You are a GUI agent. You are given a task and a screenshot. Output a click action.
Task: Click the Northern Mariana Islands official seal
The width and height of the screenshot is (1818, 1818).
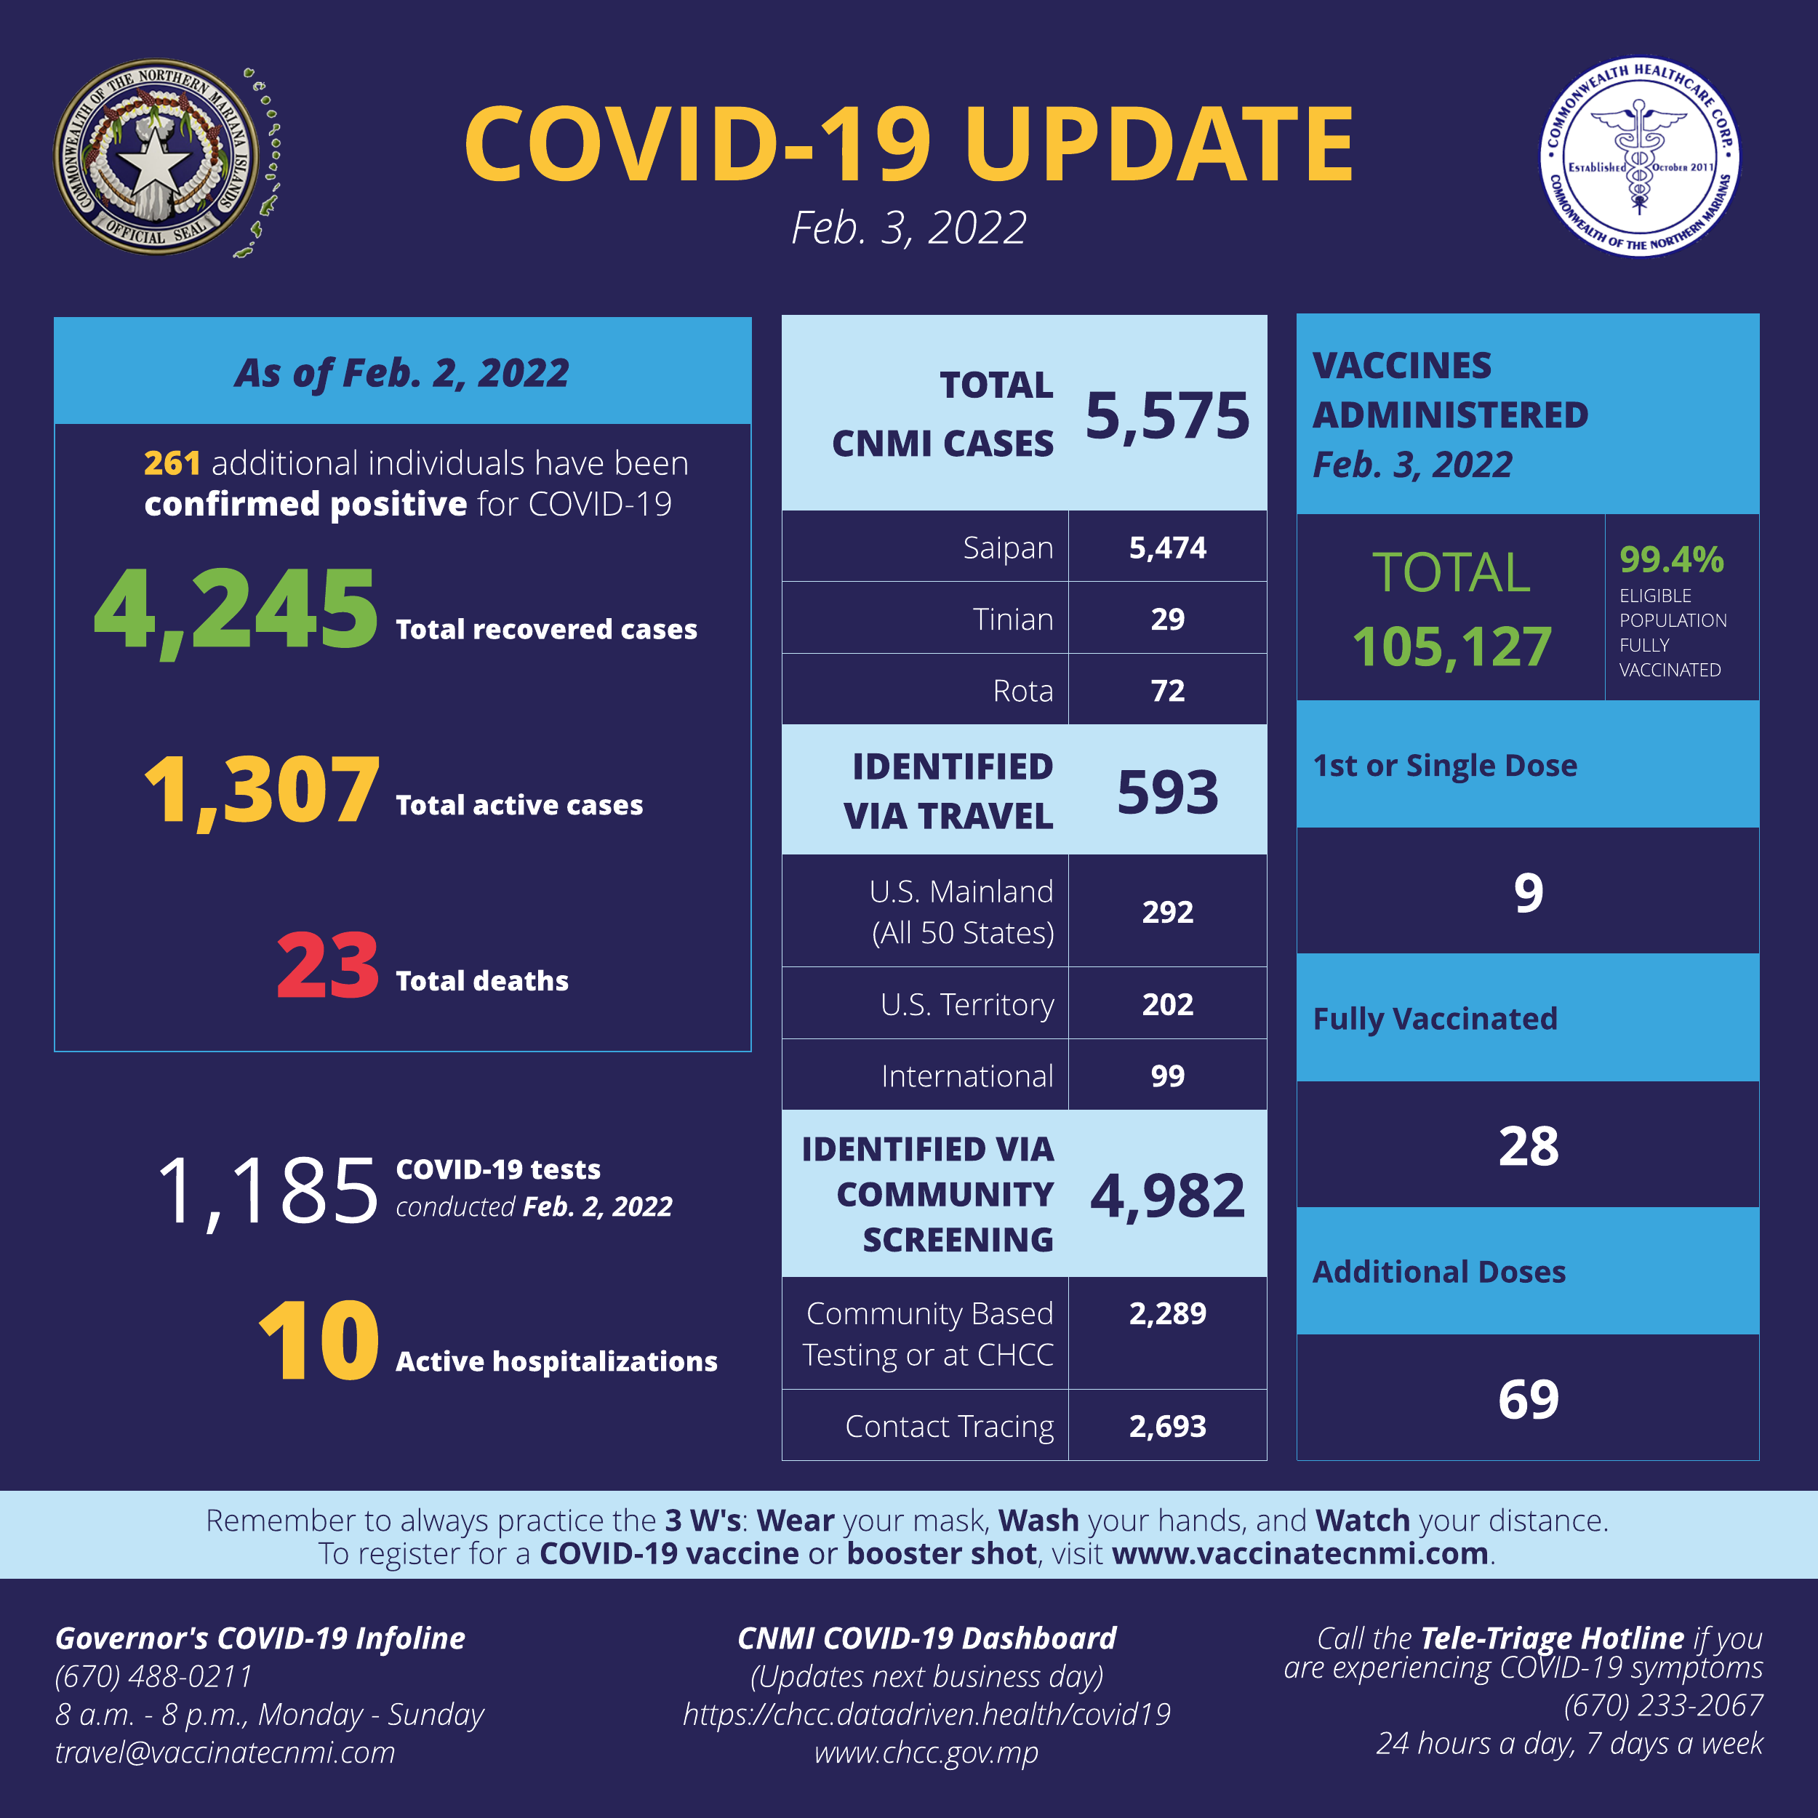pos(156,157)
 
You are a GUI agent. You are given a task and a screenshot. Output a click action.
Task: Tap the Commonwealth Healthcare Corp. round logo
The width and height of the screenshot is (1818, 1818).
pos(1639,157)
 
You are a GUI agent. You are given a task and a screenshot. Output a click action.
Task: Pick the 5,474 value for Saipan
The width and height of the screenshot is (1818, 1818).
pos(1167,548)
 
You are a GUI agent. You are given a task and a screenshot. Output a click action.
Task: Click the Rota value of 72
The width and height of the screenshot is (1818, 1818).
pos(1167,691)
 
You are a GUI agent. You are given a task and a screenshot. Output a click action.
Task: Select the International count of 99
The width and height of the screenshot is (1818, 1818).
pos(1167,1076)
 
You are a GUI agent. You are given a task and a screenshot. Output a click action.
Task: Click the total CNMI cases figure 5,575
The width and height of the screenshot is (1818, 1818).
pos(1167,415)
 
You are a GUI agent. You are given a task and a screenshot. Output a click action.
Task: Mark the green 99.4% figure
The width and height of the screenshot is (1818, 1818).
pos(1671,560)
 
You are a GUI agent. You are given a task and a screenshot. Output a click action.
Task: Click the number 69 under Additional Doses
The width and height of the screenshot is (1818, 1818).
pos(1528,1399)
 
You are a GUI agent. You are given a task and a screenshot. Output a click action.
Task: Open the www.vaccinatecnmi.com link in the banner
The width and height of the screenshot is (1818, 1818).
pos(1300,1553)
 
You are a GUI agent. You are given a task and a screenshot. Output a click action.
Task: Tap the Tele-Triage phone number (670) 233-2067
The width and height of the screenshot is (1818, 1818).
pos(1662,1705)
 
